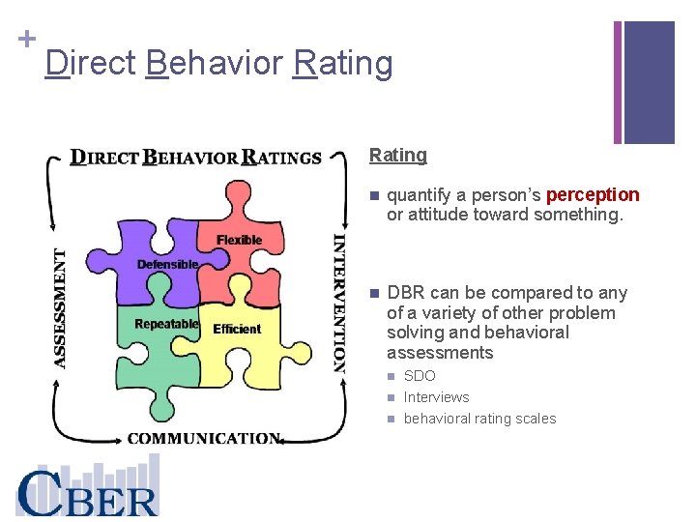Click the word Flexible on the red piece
pyautogui.click(x=239, y=240)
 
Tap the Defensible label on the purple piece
pyautogui.click(x=167, y=264)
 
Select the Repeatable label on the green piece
pyautogui.click(x=166, y=324)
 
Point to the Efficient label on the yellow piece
pyautogui.click(x=237, y=329)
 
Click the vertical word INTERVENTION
pyautogui.click(x=339, y=303)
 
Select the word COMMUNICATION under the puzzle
pyautogui.click(x=204, y=438)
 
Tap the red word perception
pyautogui.click(x=593, y=195)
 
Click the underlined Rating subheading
pyautogui.click(x=397, y=155)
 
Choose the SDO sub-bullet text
pyautogui.click(x=420, y=376)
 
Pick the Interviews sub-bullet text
pyautogui.click(x=436, y=397)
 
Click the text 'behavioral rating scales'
pyautogui.click(x=479, y=419)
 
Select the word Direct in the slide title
pyautogui.click(x=91, y=64)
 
